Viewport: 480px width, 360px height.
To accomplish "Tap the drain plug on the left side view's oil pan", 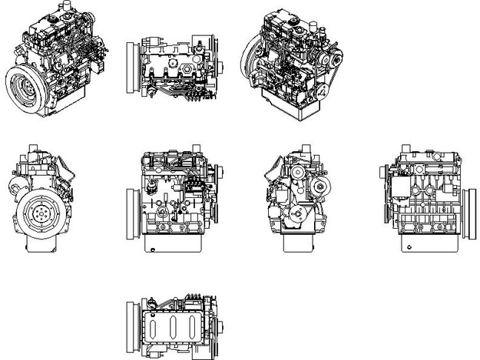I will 154,248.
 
